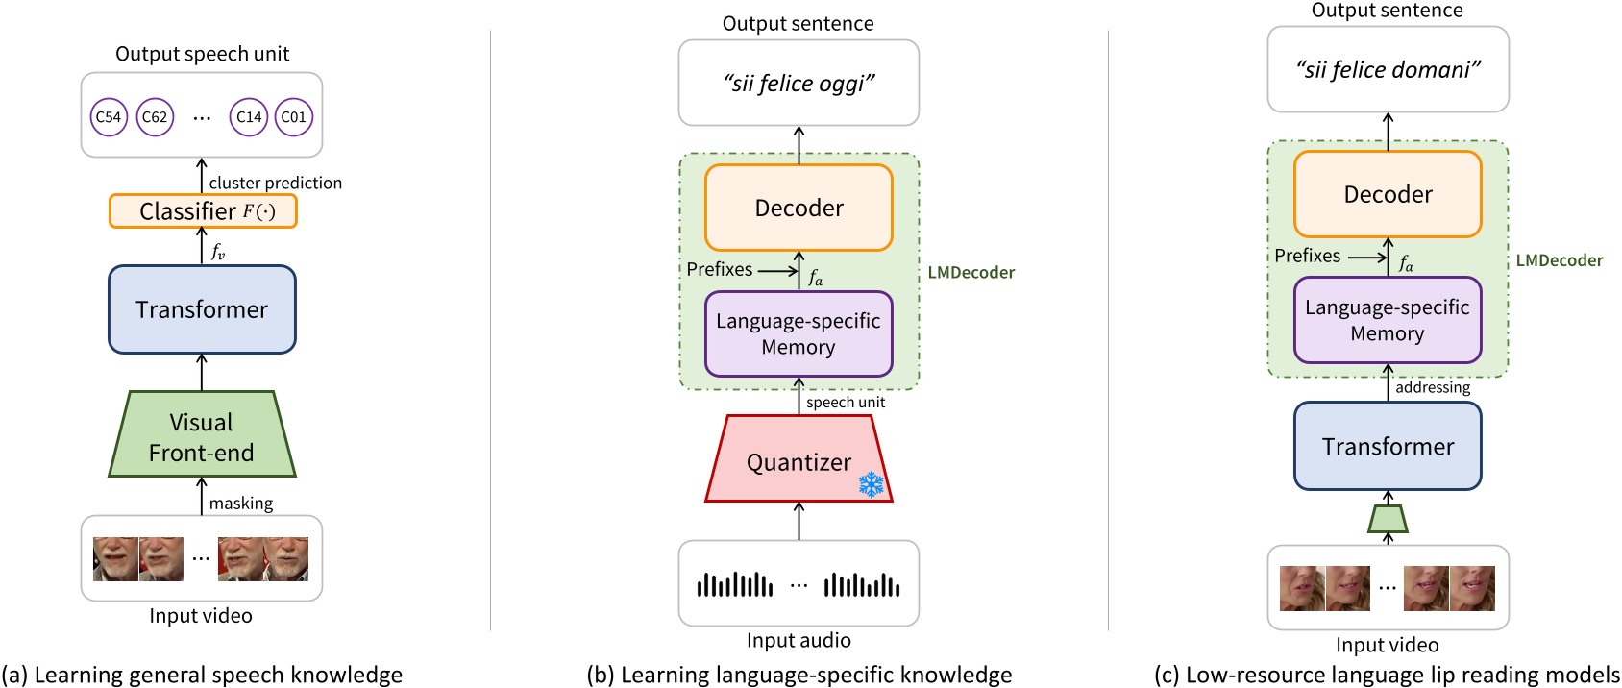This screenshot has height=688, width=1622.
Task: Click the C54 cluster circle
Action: click(x=109, y=117)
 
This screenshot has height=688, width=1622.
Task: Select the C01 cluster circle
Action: click(x=294, y=117)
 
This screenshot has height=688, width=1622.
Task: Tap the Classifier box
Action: click(x=203, y=211)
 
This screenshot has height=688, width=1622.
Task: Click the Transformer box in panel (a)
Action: click(x=202, y=309)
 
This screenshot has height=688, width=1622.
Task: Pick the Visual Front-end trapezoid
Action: click(x=202, y=436)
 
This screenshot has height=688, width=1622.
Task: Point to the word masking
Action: click(x=241, y=504)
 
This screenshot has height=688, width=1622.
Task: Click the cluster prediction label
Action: click(x=275, y=183)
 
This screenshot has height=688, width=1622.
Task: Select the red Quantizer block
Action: click(x=799, y=461)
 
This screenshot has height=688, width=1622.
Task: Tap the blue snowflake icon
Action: click(x=871, y=483)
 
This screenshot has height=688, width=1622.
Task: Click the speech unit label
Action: click(x=846, y=402)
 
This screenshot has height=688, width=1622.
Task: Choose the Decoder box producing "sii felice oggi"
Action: click(x=799, y=208)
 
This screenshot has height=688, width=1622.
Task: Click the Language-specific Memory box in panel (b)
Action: click(x=799, y=333)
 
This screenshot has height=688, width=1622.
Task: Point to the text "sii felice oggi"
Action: click(x=799, y=84)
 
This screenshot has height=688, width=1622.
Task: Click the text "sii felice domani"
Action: click(x=1388, y=70)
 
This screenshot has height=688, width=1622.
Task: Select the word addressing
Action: click(x=1433, y=387)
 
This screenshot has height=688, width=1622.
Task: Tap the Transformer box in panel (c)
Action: click(x=1388, y=447)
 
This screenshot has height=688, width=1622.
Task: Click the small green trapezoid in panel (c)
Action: click(x=1388, y=519)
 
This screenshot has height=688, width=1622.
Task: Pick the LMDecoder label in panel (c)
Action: click(x=1559, y=260)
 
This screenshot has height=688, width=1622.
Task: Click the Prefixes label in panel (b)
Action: click(x=720, y=269)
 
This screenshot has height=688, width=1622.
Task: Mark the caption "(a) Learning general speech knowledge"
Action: click(x=202, y=675)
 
